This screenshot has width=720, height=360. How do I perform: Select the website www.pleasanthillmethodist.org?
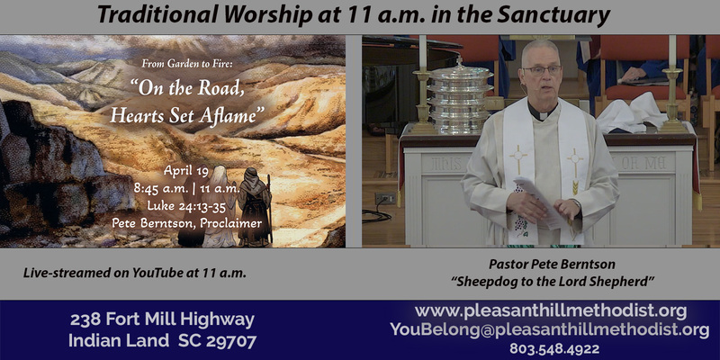(551, 310)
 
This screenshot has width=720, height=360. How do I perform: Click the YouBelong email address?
(550, 329)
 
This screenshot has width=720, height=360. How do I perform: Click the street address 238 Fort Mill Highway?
(162, 319)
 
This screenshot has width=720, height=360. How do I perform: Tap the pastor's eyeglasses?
(542, 69)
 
